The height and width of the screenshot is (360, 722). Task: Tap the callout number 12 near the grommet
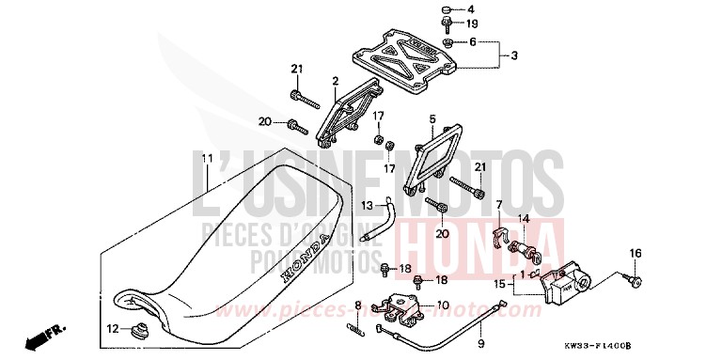[113, 329]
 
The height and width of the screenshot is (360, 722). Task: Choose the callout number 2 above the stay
[334, 82]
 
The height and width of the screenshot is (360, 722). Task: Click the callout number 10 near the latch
[443, 305]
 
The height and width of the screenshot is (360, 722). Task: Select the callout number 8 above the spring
[357, 304]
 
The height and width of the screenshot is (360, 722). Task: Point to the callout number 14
[525, 219]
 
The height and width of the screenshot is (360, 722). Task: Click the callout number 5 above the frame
[432, 119]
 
